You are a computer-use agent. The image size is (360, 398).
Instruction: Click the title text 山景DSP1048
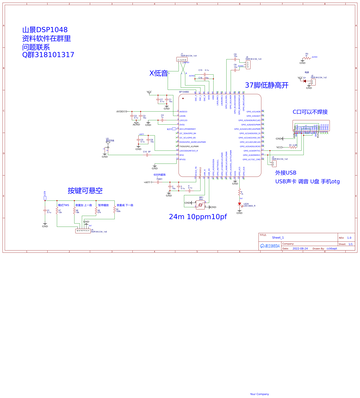(46, 30)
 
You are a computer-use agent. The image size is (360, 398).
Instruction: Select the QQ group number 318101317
(51, 54)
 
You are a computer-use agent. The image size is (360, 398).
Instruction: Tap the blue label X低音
(158, 73)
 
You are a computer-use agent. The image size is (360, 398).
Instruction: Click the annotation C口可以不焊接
(310, 114)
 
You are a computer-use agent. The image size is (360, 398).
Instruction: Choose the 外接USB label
(286, 172)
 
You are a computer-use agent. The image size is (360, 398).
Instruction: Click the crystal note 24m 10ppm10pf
(198, 217)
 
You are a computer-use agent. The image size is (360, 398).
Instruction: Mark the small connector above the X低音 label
(182, 63)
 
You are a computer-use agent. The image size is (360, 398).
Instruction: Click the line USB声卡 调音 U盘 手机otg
(307, 181)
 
